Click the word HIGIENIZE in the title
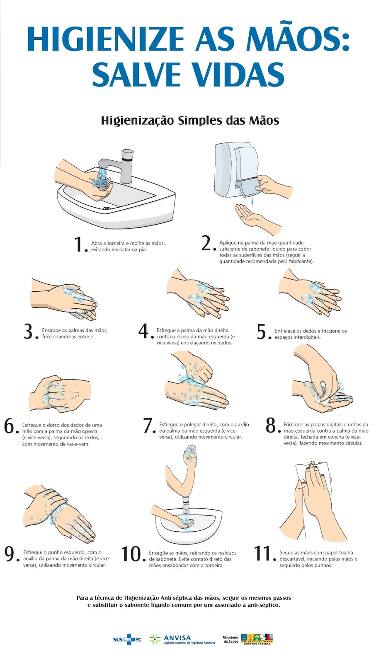pyautogui.click(x=106, y=39)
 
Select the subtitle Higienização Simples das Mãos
pyautogui.click(x=190, y=121)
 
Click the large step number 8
pyautogui.click(x=271, y=426)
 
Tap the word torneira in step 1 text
pyautogui.click(x=114, y=243)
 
